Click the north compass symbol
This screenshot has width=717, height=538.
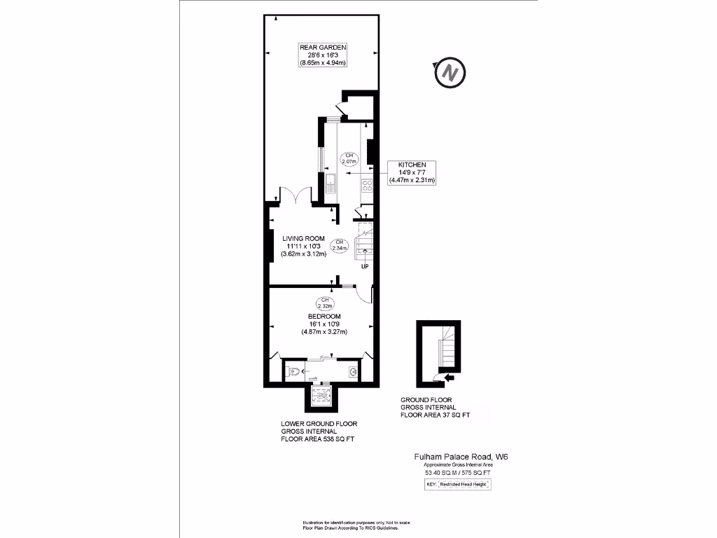pos(450,72)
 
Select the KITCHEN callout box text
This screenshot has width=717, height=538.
pos(412,172)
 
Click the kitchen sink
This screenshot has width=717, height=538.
pos(330,186)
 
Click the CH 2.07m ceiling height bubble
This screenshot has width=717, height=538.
pos(349,158)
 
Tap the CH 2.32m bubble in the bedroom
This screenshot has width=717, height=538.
pos(324,303)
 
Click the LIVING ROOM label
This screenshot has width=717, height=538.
pos(304,238)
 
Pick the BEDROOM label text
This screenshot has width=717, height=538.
pos(323,317)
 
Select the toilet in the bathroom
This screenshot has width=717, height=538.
pos(294,371)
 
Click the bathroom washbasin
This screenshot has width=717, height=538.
pos(354,371)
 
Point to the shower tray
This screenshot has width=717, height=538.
pos(321,396)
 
